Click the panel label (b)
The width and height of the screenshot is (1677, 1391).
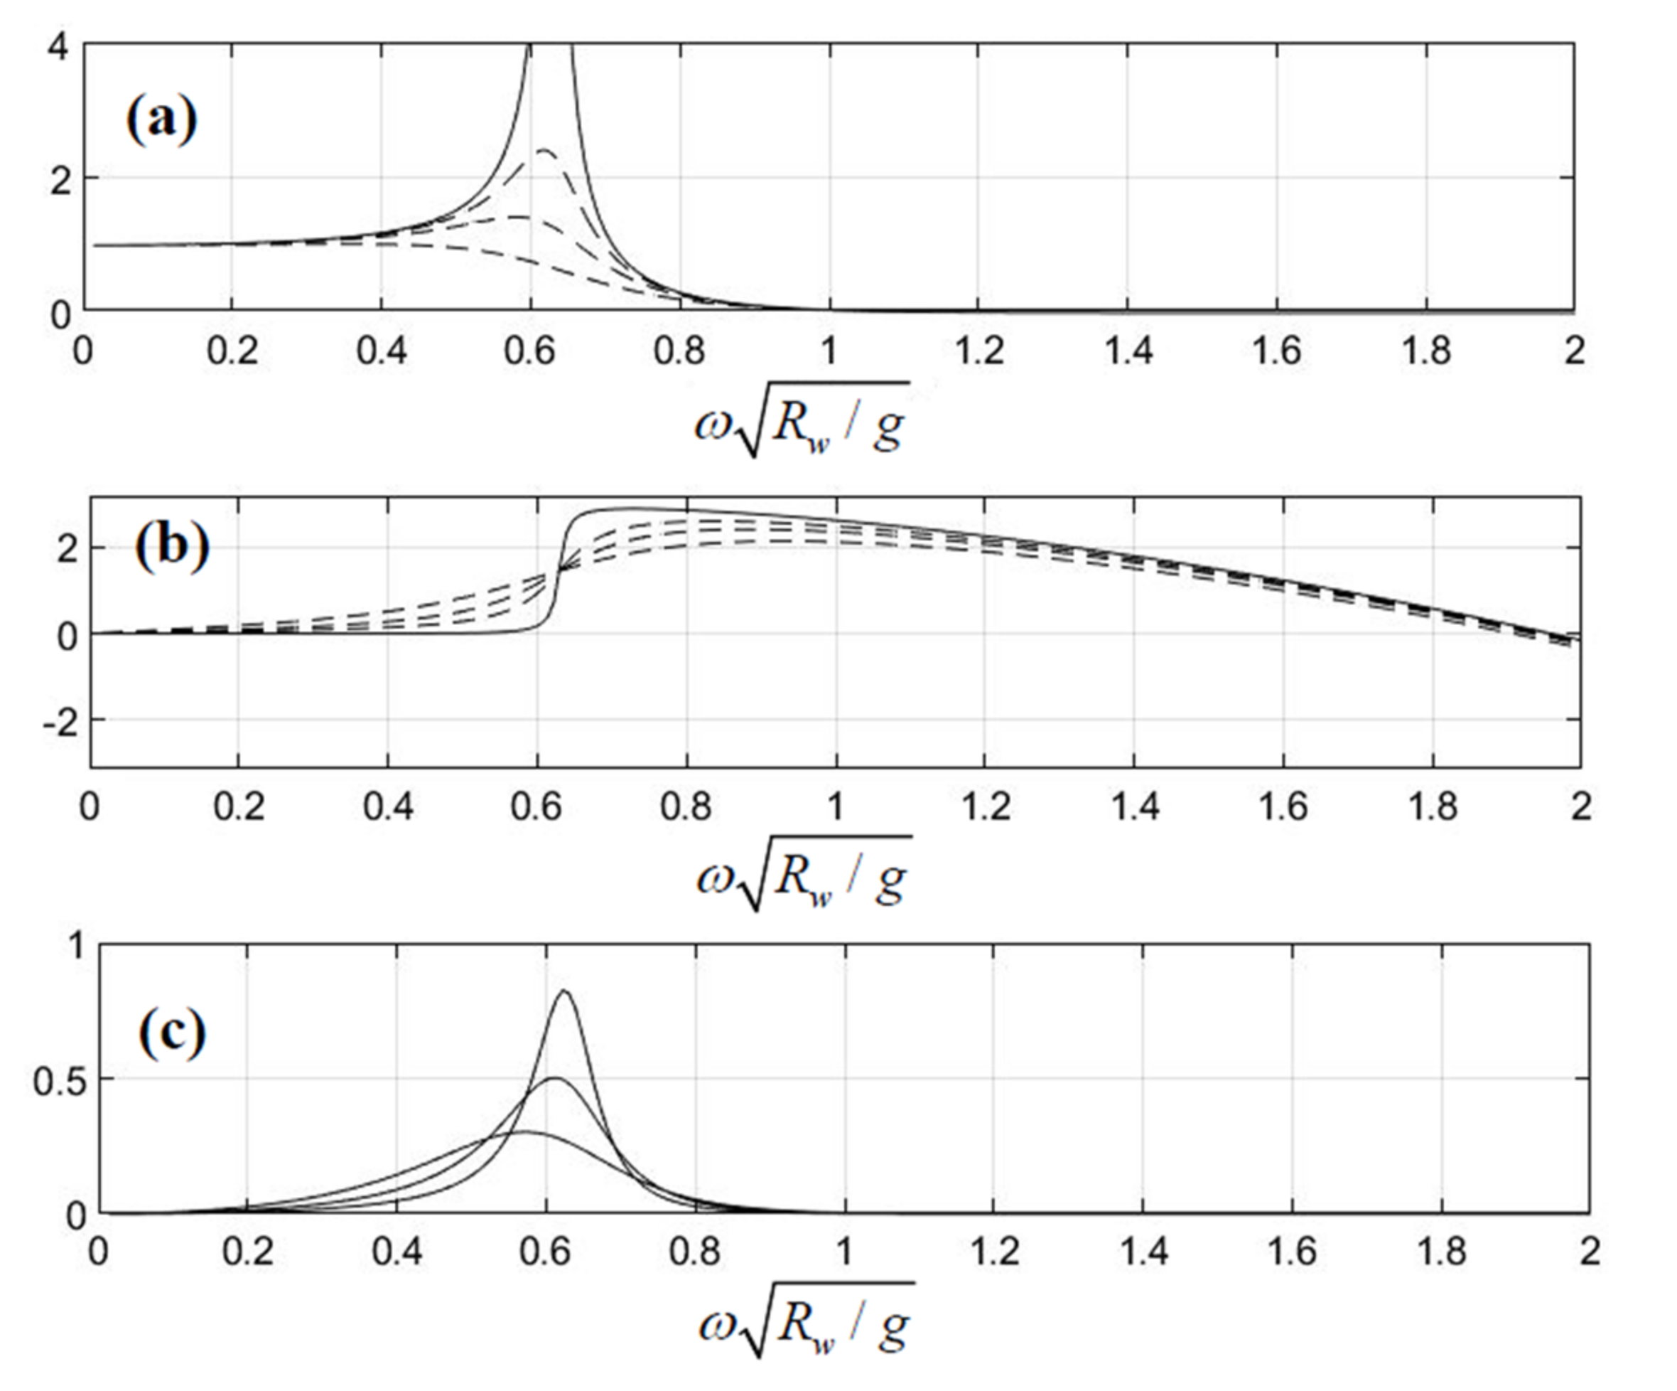click(172, 548)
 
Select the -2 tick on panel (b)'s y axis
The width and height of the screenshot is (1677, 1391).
click(64, 719)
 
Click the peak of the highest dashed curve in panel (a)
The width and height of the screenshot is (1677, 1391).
click(546, 150)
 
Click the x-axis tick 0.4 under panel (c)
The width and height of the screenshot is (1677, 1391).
click(397, 1251)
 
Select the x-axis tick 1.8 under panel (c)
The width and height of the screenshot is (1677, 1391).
click(1441, 1251)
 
